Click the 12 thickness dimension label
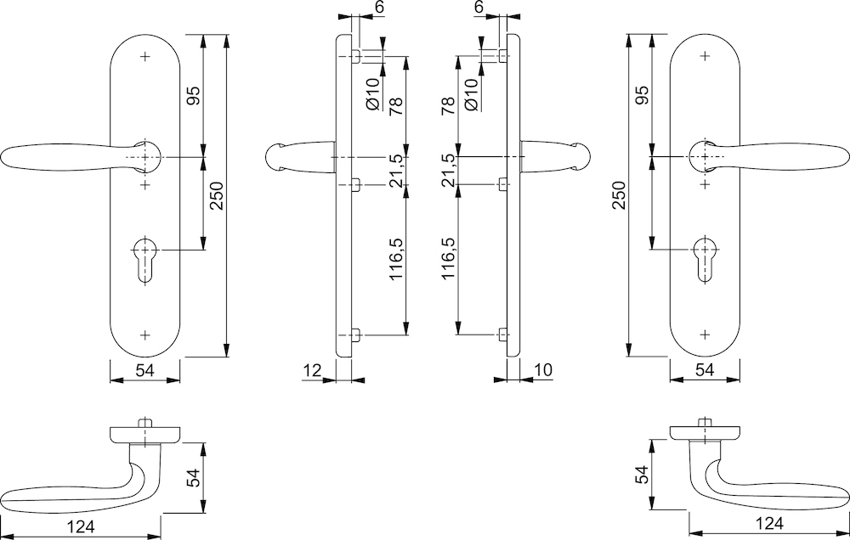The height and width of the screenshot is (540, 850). pos(311,369)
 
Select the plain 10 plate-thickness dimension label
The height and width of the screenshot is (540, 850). pos(544,369)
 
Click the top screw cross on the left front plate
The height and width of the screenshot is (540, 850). pos(145,57)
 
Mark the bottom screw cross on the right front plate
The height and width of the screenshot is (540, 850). pos(705,334)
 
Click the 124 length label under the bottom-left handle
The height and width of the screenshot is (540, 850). pos(82,527)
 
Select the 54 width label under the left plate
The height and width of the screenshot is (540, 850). pos(145,369)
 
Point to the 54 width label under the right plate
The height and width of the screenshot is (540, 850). pos(704,369)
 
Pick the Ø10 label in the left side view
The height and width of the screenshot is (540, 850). pos(371,91)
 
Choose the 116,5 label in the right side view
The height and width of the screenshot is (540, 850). pos(450,259)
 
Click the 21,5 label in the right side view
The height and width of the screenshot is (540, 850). pos(450,170)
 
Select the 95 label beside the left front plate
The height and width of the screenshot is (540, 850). pos(192,96)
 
